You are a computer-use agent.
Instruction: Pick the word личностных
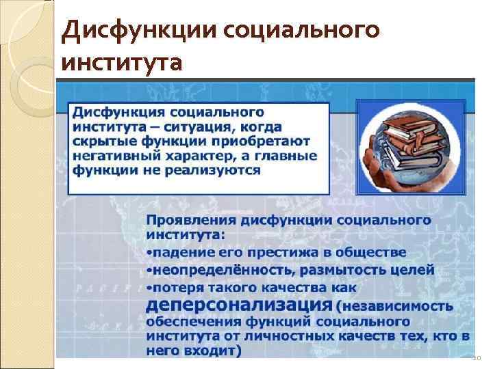point(281,336)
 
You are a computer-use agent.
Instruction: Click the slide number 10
point(477,358)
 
